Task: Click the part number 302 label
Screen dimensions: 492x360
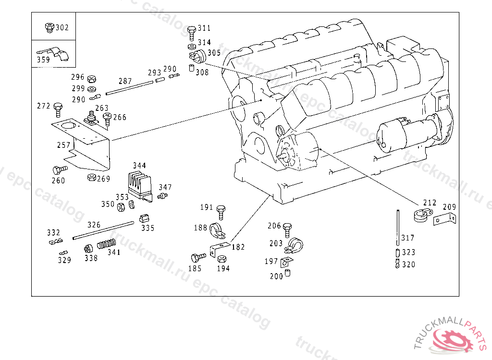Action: point(62,27)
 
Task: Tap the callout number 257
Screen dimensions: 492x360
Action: point(64,145)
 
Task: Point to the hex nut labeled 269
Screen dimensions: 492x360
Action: point(91,178)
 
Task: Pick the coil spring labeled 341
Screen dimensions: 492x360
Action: point(106,244)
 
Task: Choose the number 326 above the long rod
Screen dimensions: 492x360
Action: point(94,225)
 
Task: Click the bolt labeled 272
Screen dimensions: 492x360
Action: point(58,109)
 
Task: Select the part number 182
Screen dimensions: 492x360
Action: point(238,247)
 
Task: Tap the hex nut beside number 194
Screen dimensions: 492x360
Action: point(222,259)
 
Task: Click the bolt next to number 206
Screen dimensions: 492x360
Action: point(287,230)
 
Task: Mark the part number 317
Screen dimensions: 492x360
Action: point(407,238)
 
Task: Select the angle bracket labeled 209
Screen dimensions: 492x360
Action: point(444,219)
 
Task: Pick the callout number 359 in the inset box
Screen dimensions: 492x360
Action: point(43,60)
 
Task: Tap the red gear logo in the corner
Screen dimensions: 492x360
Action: point(453,340)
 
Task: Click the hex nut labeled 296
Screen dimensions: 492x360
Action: point(92,79)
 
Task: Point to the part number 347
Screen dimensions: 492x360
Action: point(165,188)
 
